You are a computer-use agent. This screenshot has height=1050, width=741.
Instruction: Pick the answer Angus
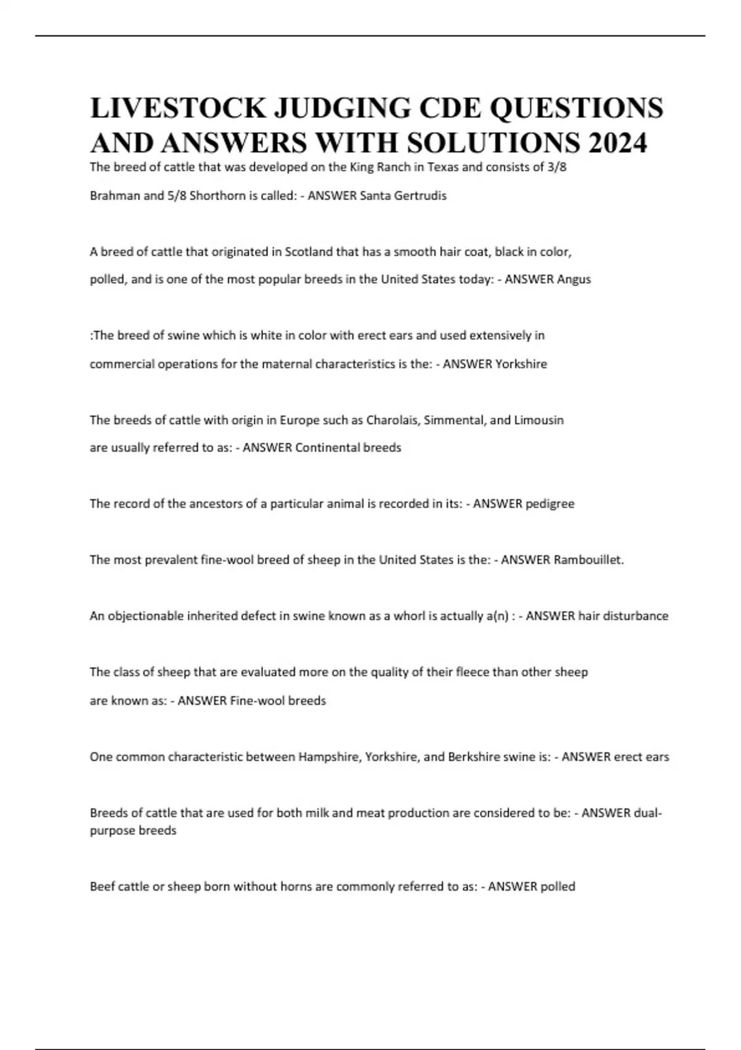pyautogui.click(x=574, y=279)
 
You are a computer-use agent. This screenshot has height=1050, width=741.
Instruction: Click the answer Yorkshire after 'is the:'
pyautogui.click(x=521, y=364)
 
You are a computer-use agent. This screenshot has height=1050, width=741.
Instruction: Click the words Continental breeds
pyautogui.click(x=348, y=448)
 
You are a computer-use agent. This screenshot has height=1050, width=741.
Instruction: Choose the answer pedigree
pyautogui.click(x=550, y=504)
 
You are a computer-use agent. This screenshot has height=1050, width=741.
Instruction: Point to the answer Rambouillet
pyautogui.click(x=588, y=560)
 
